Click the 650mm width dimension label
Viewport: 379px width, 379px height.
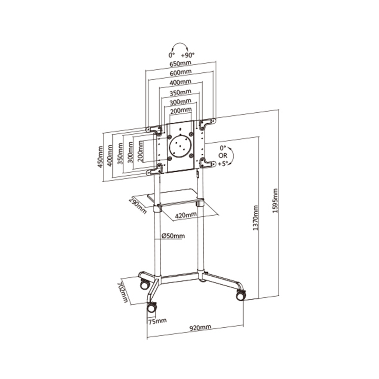181,64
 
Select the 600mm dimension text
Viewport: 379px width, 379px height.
181,73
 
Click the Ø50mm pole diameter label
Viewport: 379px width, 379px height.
173,236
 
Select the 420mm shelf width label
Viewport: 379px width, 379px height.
186,215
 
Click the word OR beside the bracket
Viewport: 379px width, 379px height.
223,156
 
